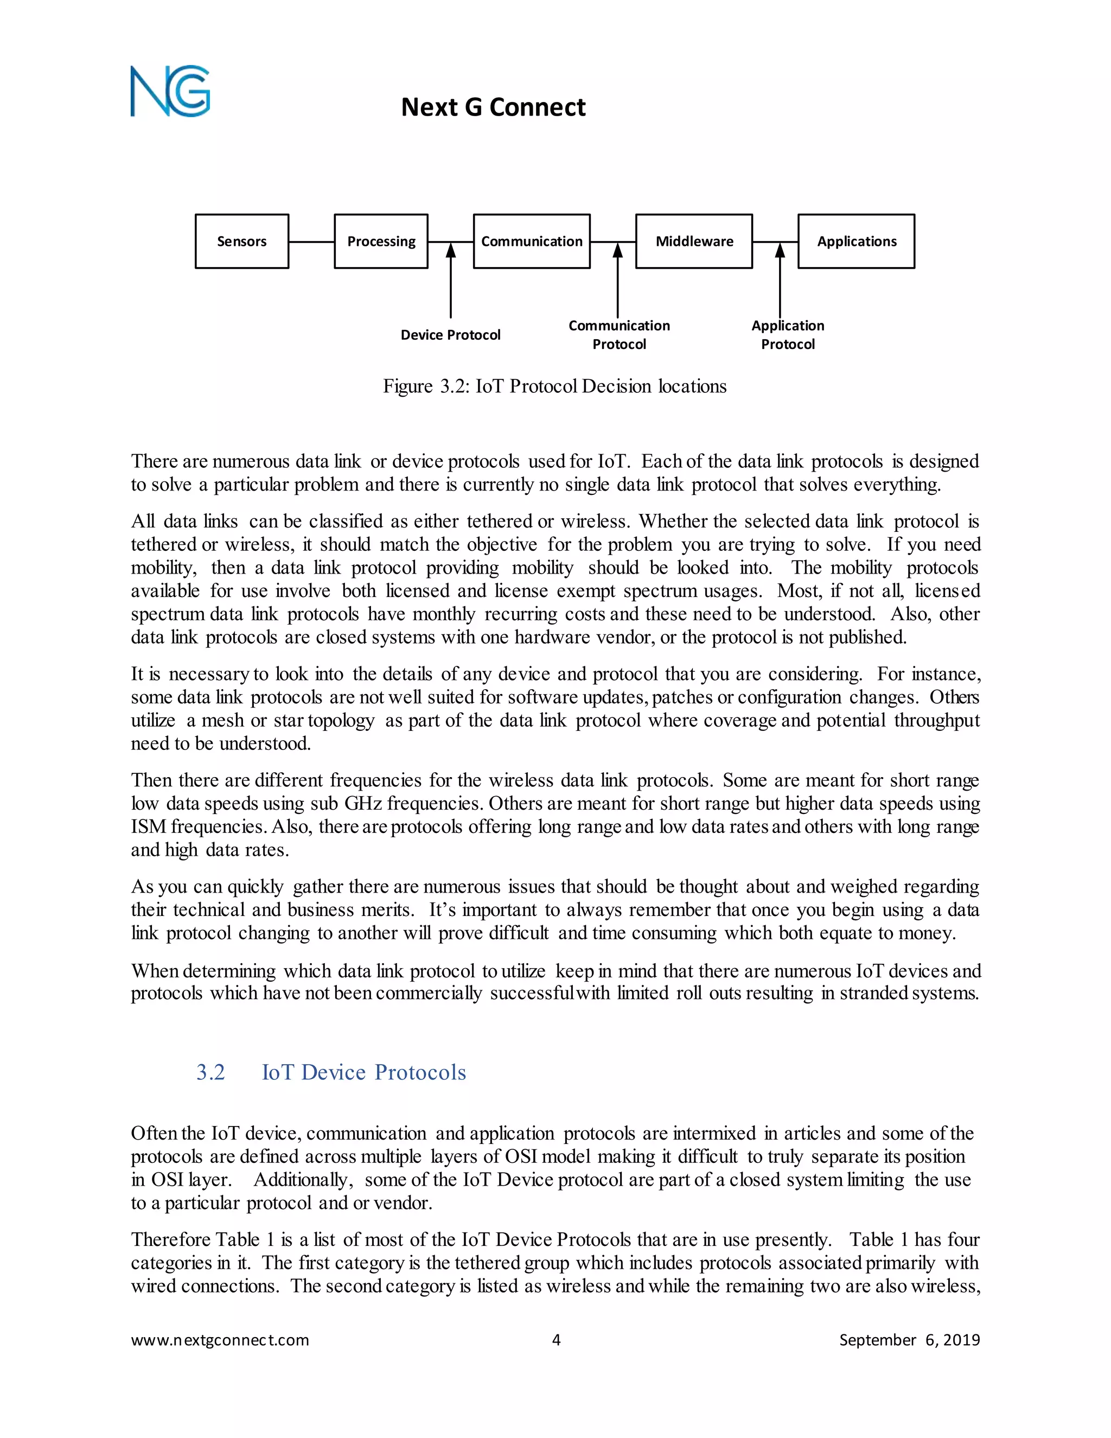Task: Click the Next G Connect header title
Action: pyautogui.click(x=493, y=107)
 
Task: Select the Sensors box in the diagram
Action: pyautogui.click(x=241, y=241)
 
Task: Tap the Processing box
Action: pyautogui.click(x=381, y=241)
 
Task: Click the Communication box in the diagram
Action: pyautogui.click(x=531, y=241)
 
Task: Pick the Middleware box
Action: pyautogui.click(x=694, y=241)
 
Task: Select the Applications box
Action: pyautogui.click(x=856, y=241)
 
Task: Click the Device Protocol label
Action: pyautogui.click(x=450, y=335)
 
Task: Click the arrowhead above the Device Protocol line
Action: pyautogui.click(x=451, y=250)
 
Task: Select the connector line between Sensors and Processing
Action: pyautogui.click(x=311, y=241)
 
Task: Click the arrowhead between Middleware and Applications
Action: pyautogui.click(x=780, y=250)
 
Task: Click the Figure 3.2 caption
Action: pyautogui.click(x=555, y=386)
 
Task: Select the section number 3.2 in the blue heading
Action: pyautogui.click(x=210, y=1073)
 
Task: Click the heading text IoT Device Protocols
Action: pyautogui.click(x=364, y=1073)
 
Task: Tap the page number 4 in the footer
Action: pyautogui.click(x=556, y=1340)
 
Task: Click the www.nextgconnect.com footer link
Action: pyautogui.click(x=220, y=1340)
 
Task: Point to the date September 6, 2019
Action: pyautogui.click(x=909, y=1340)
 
